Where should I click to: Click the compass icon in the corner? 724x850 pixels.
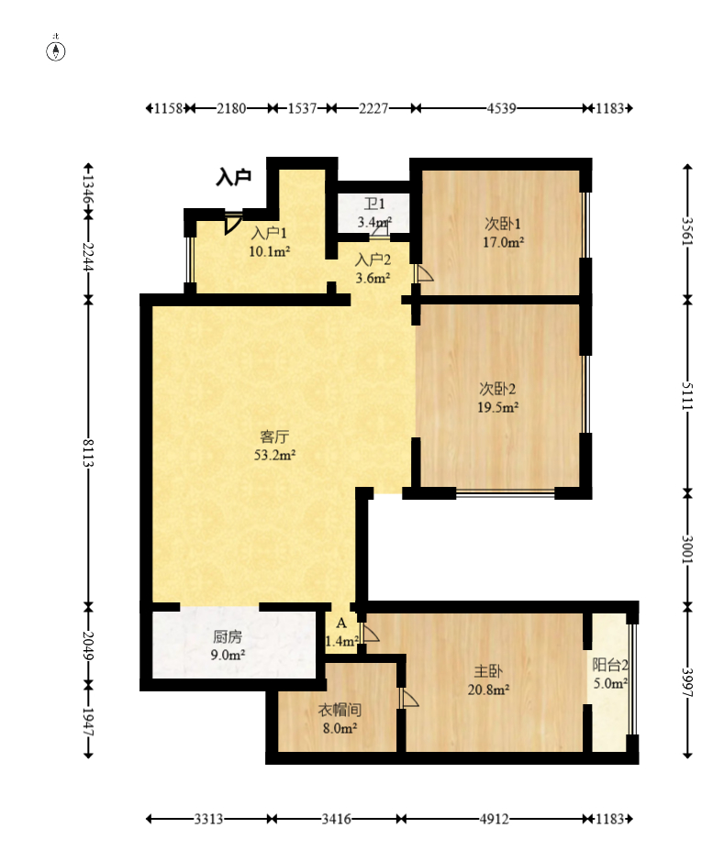[56, 50]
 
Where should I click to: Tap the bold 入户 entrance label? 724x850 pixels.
[234, 177]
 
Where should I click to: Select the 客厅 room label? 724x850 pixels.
[274, 436]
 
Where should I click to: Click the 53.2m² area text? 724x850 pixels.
[274, 455]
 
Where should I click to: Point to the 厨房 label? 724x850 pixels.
[228, 636]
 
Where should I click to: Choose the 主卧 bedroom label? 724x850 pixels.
[488, 671]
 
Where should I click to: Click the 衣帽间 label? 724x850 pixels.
[340, 710]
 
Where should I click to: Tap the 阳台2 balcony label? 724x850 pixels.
[610, 665]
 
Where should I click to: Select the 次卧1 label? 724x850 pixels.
[503, 224]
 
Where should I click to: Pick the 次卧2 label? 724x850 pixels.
[497, 389]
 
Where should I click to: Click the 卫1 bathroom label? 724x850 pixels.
[374, 204]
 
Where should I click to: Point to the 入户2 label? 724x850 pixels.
[373, 260]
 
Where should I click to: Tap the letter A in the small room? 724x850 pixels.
[341, 623]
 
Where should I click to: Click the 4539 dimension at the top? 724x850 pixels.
[501, 108]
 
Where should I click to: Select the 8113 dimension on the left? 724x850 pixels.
[88, 453]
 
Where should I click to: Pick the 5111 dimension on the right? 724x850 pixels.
[687, 396]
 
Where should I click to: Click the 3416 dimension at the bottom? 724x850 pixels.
[336, 819]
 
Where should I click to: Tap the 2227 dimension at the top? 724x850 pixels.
[373, 108]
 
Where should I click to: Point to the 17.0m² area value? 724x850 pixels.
[503, 242]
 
